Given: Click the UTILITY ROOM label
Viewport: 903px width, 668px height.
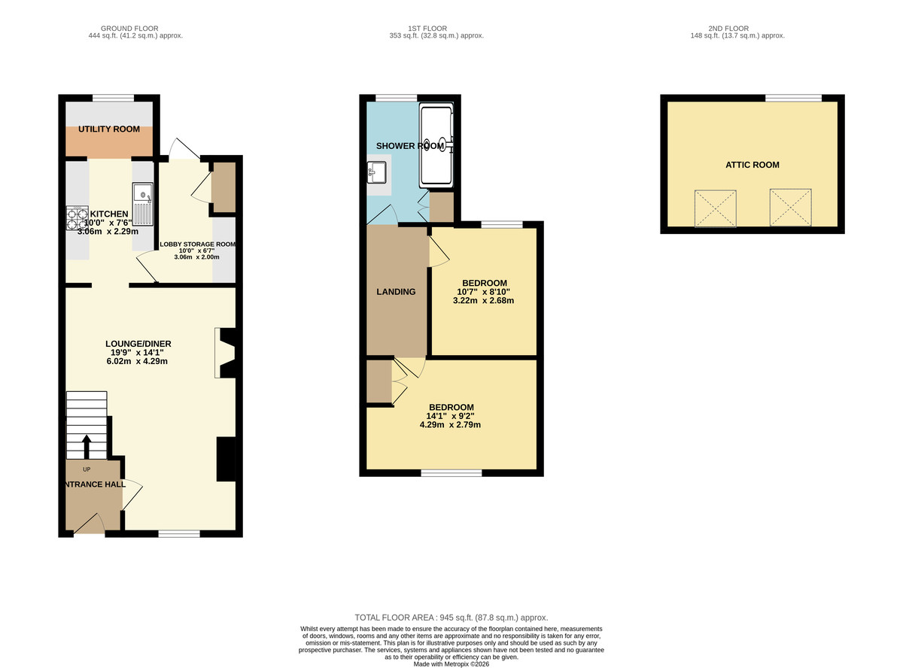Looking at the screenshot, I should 110,129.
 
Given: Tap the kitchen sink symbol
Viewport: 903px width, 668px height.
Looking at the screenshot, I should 142,202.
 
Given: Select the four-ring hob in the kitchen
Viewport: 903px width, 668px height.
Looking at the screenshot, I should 78,219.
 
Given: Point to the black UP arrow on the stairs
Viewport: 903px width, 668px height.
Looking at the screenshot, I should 86,446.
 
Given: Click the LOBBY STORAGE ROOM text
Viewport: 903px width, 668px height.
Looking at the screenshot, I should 198,244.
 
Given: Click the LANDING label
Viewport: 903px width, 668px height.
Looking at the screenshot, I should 396,292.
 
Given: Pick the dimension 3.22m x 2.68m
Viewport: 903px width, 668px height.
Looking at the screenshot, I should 482,301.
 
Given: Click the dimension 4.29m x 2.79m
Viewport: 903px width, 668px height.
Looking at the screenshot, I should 450,424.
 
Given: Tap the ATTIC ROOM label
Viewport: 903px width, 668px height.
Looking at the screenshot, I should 752,165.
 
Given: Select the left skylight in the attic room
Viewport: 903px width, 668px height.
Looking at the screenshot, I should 715,208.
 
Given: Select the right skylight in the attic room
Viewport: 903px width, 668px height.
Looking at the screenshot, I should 790,208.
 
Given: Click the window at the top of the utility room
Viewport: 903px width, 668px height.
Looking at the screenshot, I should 113,97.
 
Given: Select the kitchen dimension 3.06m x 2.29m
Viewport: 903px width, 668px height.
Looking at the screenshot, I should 108,232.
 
